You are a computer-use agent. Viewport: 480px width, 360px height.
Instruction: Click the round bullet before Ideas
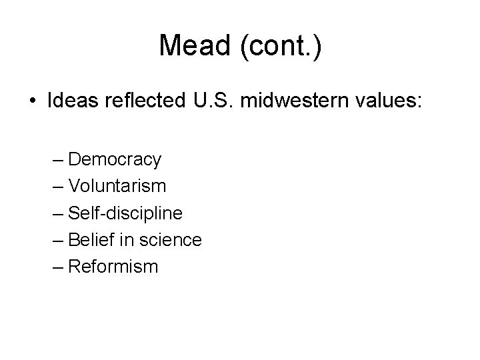(x=33, y=101)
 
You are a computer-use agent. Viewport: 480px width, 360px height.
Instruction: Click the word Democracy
(x=115, y=159)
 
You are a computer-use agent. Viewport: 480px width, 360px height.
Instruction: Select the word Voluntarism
(x=117, y=186)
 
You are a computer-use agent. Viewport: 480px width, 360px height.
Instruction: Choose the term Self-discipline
(x=125, y=213)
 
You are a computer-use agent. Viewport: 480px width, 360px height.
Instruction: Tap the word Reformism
(x=113, y=267)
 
